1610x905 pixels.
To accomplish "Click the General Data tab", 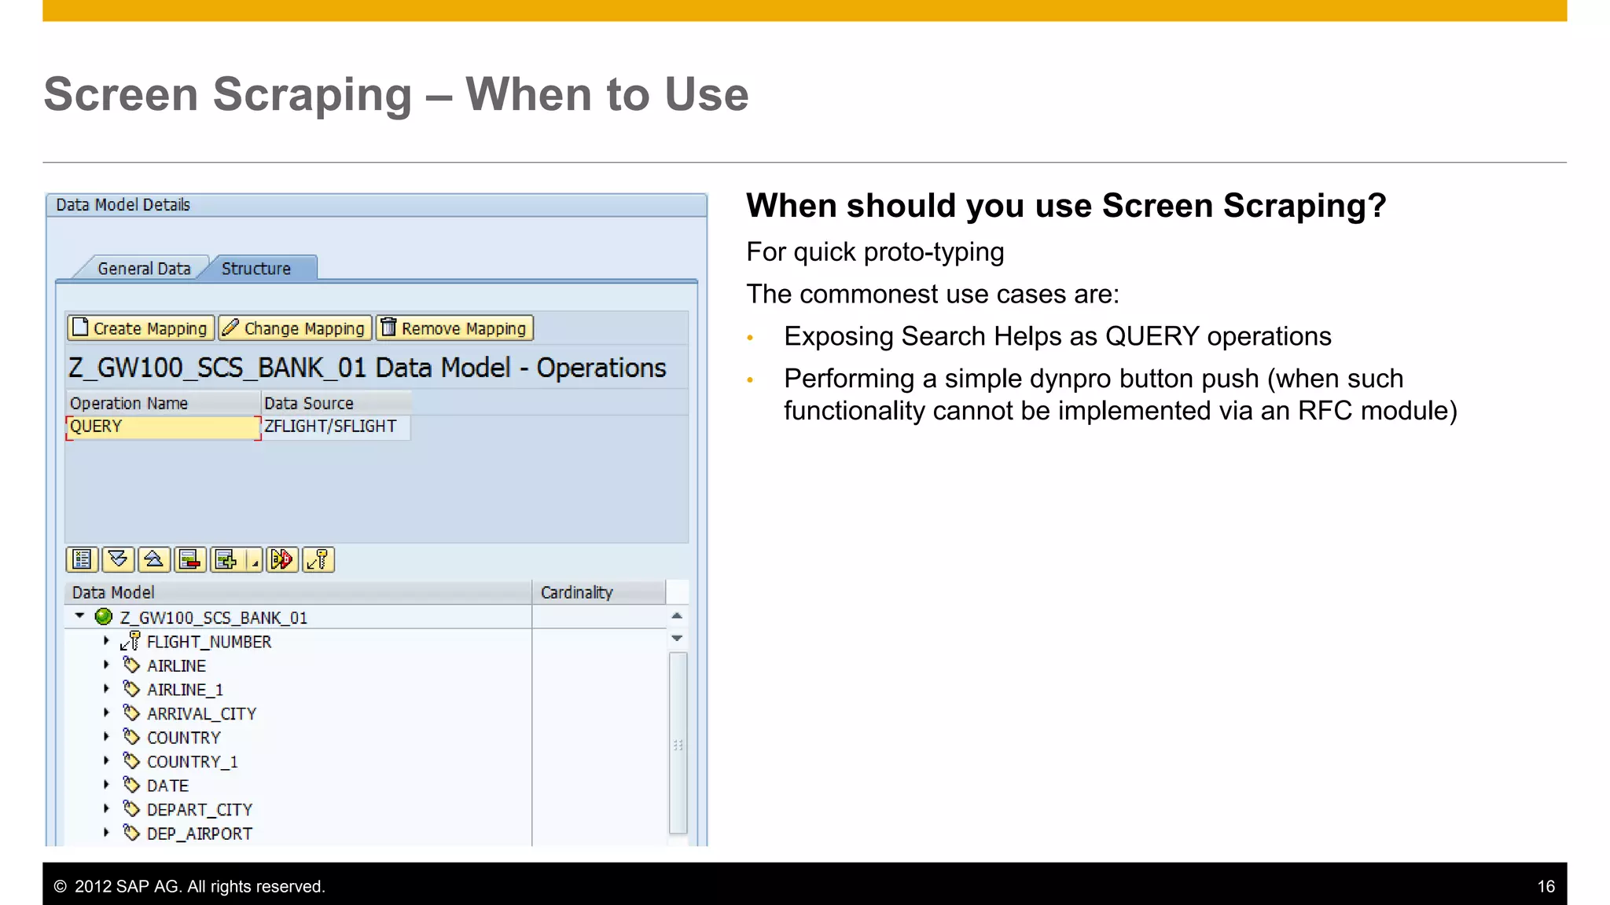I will point(144,269).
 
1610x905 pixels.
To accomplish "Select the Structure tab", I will point(256,269).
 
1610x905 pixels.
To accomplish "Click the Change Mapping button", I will point(295,328).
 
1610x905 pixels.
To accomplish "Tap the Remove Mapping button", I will point(455,328).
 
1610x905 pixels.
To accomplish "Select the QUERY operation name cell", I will point(162,427).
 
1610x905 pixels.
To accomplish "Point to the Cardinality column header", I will point(576,593).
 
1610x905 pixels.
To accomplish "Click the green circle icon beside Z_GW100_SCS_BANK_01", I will point(103,617).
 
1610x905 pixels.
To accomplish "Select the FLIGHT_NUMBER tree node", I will point(208,642).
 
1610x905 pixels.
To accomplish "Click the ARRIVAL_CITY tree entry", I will point(201,714).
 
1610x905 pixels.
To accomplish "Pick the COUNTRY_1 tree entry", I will point(192,762).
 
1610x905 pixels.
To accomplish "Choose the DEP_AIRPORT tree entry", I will point(199,834).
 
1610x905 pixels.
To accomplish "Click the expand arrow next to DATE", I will point(106,785).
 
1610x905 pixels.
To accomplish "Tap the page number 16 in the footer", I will point(1546,887).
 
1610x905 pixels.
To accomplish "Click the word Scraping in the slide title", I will point(312,95).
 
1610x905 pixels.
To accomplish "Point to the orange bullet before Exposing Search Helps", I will point(750,338).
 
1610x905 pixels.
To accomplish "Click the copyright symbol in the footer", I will point(60,887).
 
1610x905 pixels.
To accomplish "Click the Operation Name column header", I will point(129,404).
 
